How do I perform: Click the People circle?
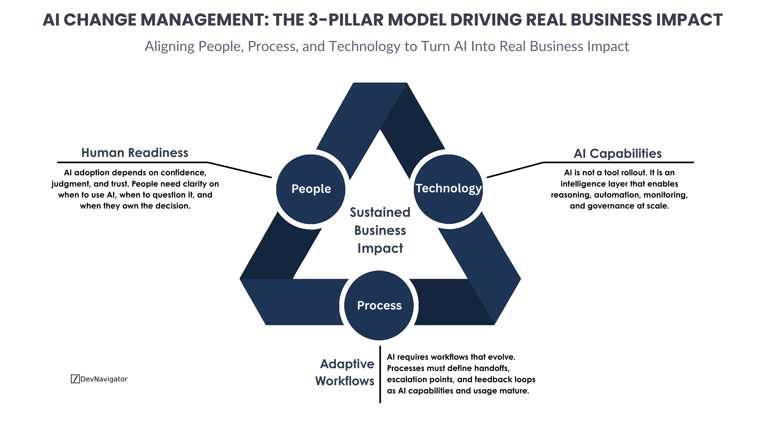point(311,189)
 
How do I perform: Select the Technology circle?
point(448,189)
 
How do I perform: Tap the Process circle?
point(379,305)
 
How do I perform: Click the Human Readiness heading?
point(135,153)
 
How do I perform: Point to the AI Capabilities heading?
point(618,153)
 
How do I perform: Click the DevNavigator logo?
point(99,379)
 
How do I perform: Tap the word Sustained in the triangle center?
point(380,212)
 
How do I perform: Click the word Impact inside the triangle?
point(380,248)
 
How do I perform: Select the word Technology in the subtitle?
point(364,46)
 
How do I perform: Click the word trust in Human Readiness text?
point(119,184)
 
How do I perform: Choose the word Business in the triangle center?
point(380,230)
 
